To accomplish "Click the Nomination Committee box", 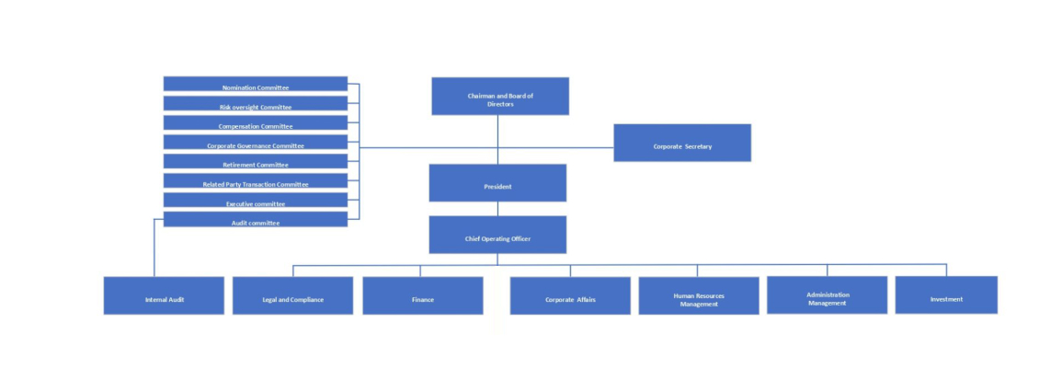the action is (255, 84).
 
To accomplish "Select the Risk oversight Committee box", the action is (255, 104).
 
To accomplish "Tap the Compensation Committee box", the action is (255, 122).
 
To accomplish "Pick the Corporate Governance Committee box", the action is (255, 142).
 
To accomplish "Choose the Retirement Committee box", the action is (255, 161).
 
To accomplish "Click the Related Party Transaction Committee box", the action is (255, 180).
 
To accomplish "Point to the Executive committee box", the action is (255, 200).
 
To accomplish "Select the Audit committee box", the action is (255, 220).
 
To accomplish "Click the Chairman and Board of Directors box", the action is (500, 97).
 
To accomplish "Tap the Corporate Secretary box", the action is (682, 143).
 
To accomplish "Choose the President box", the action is (497, 183).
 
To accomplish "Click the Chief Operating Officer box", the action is (497, 235).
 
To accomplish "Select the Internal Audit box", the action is (164, 295).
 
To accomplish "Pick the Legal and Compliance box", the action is (293, 295).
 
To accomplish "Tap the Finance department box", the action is (423, 295).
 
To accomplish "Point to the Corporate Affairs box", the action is (570, 295).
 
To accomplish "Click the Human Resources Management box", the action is (699, 295).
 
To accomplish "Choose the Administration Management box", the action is (827, 294).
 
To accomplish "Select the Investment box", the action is (946, 294).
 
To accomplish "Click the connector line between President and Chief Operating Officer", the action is (497, 208).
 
